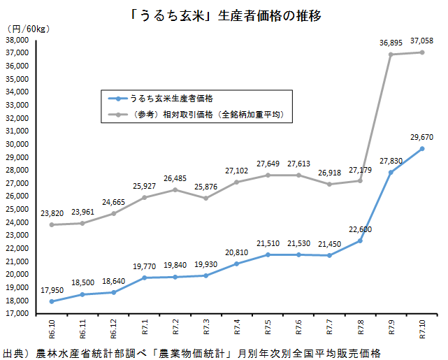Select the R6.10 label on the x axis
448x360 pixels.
(x=52, y=329)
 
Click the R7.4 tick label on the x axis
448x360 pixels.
(x=237, y=328)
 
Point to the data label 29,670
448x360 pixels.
(x=421, y=137)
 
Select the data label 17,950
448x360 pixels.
(x=52, y=289)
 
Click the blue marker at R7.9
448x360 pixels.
(x=391, y=173)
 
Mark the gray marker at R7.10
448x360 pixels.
(x=422, y=52)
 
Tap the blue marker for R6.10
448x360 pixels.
(x=52, y=301)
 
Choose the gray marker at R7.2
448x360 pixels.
(x=175, y=189)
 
